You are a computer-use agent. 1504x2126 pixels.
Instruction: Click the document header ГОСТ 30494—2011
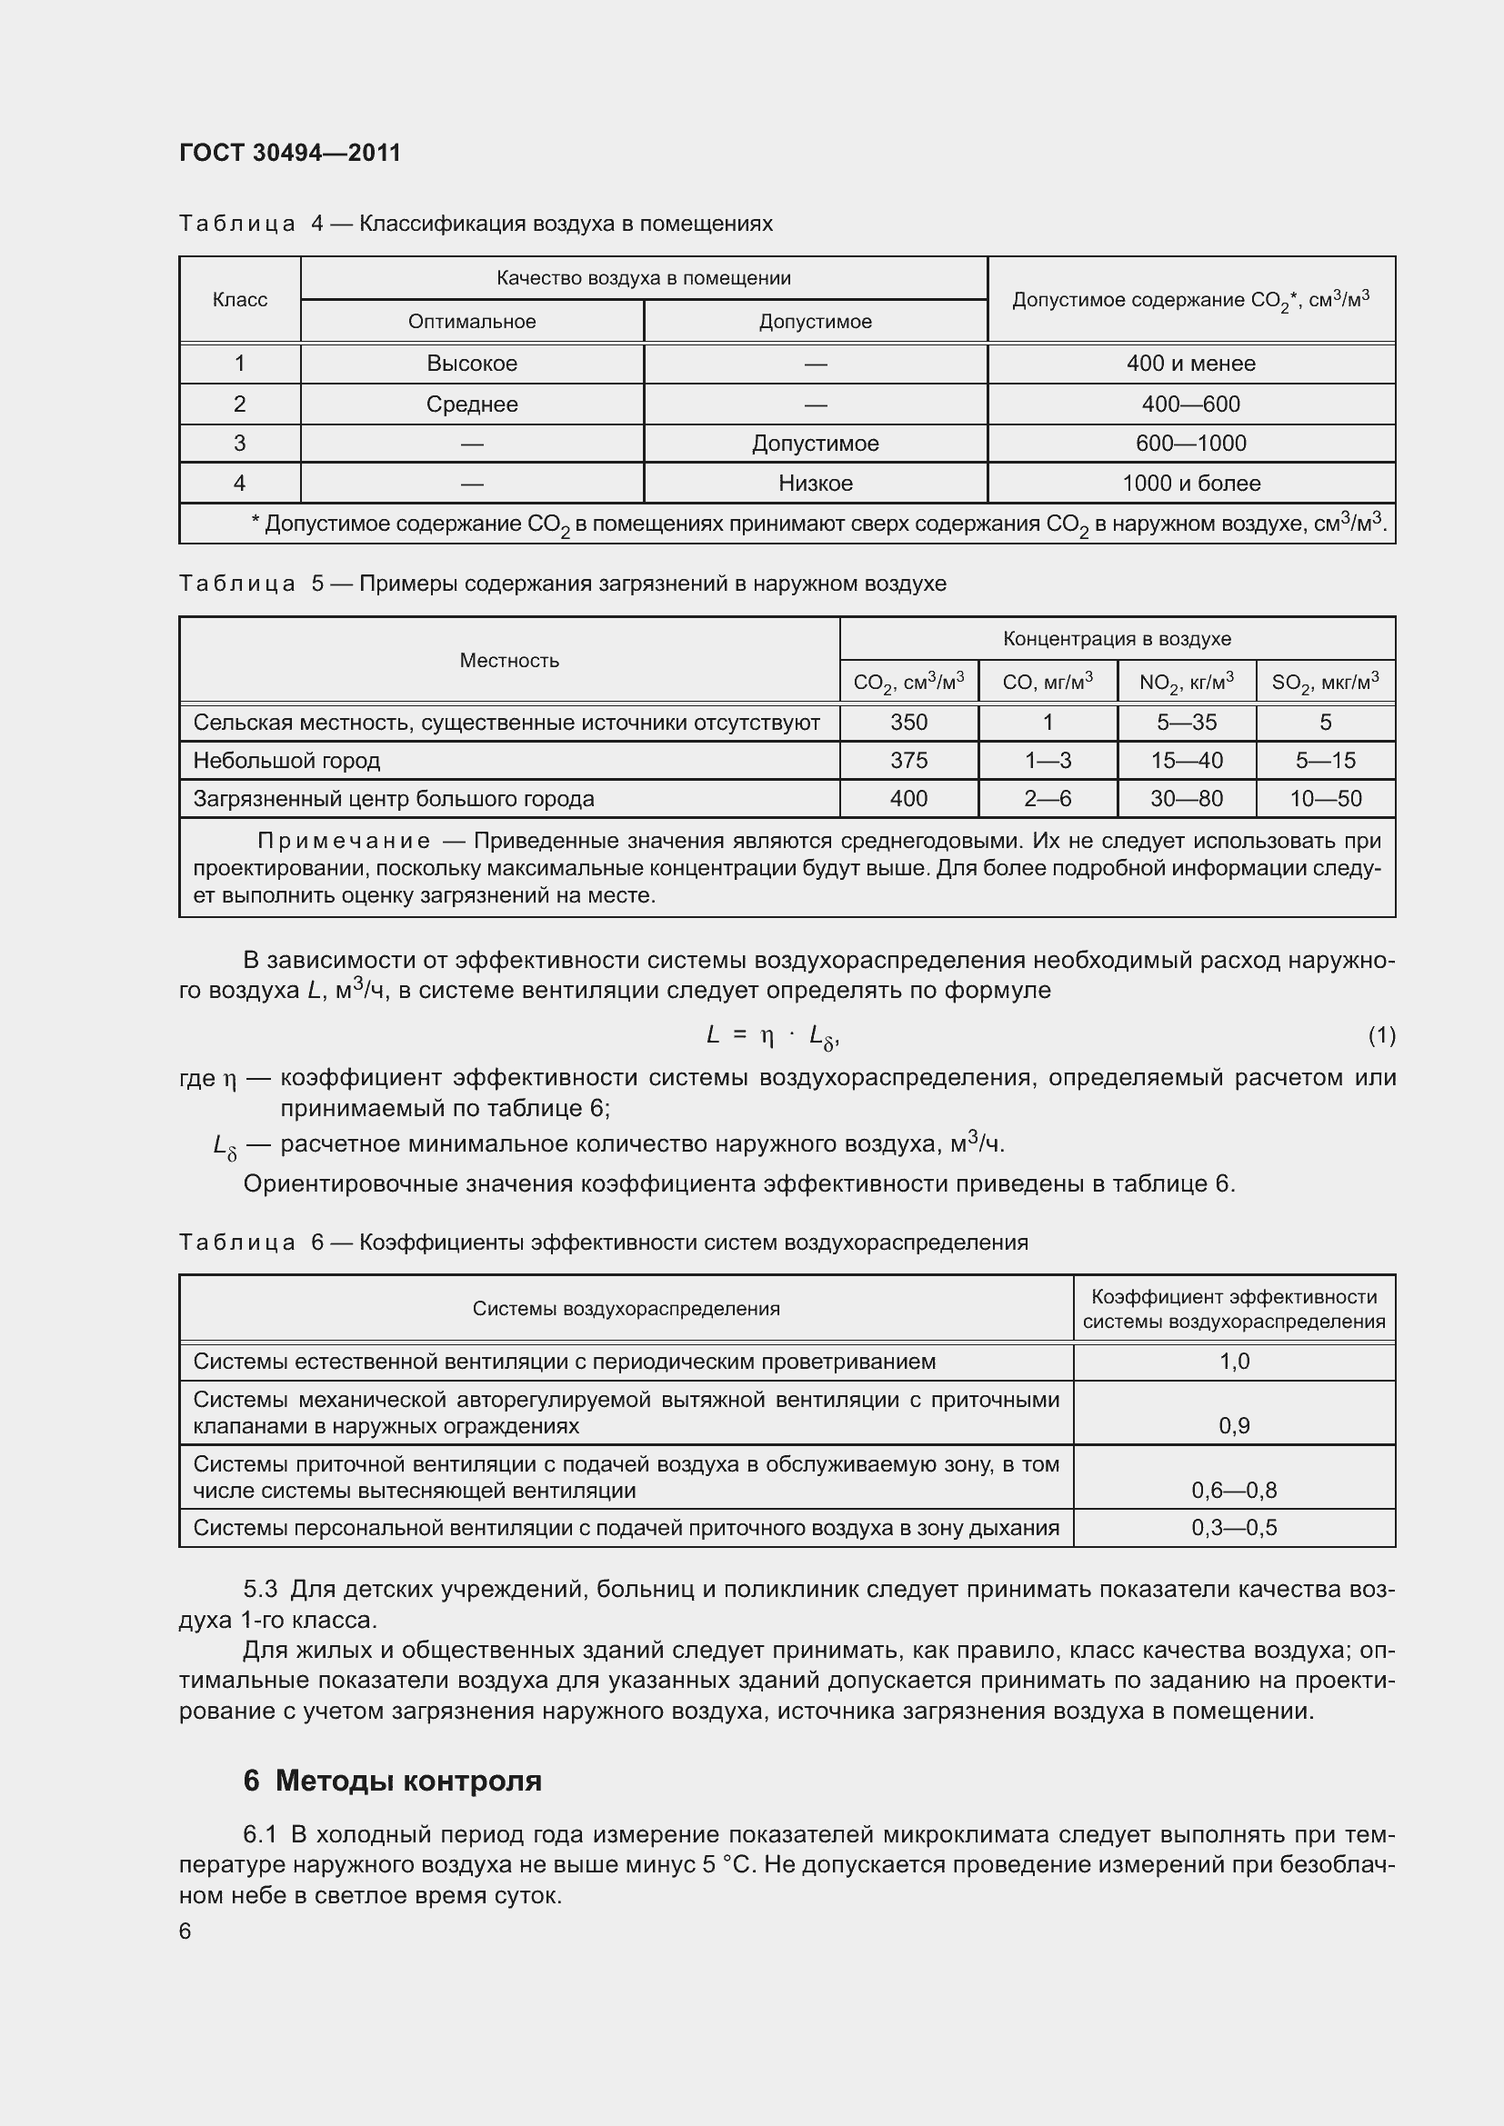(290, 153)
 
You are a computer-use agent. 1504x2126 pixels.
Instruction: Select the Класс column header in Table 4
(240, 300)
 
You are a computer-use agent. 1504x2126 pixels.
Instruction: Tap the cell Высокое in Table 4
(471, 364)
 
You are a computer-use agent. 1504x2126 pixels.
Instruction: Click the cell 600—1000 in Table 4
(1191, 444)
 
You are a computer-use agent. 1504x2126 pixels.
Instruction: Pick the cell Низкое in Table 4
(815, 484)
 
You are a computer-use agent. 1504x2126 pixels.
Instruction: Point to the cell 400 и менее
(1191, 364)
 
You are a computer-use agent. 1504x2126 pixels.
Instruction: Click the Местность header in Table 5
(509, 660)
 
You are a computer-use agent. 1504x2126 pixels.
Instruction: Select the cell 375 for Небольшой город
(908, 761)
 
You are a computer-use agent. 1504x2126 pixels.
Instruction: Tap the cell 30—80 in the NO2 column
(1187, 799)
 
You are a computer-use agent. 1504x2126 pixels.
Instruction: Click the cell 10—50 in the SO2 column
(1325, 799)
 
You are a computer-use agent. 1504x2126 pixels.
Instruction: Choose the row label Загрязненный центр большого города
(394, 799)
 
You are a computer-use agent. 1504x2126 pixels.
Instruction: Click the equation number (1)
(1381, 1035)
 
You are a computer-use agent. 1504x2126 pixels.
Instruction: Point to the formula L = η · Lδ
(772, 1036)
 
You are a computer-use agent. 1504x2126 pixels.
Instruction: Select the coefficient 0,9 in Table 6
(1235, 1426)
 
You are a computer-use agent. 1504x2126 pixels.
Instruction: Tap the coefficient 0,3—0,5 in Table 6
(1235, 1528)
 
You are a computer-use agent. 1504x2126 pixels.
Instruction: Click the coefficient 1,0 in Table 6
(1235, 1362)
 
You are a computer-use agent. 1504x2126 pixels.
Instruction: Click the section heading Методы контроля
(407, 1781)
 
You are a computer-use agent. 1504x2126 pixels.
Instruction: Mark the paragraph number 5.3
(260, 1590)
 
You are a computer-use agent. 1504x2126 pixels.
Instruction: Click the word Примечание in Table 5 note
(344, 841)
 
